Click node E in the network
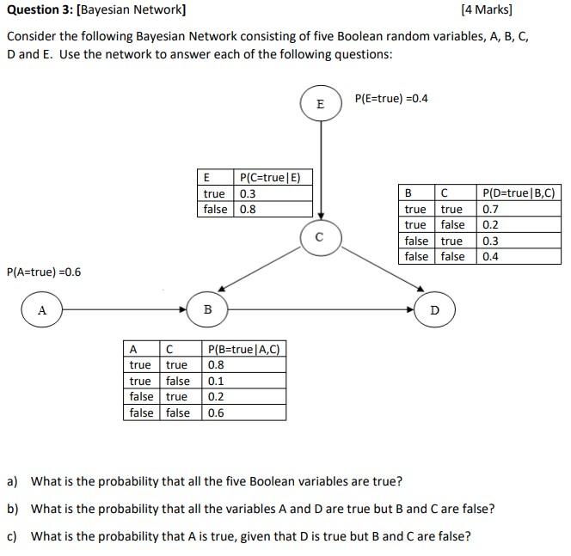tap(321, 104)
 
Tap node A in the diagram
tap(42, 309)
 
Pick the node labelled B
tap(207, 309)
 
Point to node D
tap(433, 309)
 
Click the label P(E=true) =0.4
tap(391, 98)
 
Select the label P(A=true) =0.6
tap(43, 272)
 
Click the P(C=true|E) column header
tap(271, 178)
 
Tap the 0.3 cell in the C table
tap(248, 193)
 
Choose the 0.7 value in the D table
tap(491, 209)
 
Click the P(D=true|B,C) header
tap(519, 193)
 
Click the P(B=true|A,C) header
tap(244, 349)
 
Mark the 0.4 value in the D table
tap(491, 256)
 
